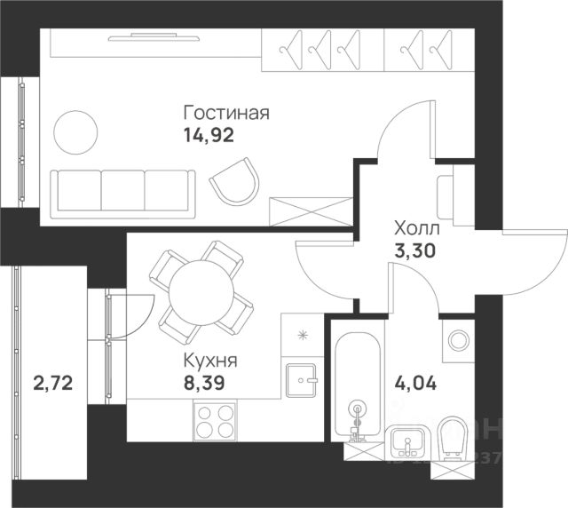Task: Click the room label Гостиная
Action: pyautogui.click(x=225, y=114)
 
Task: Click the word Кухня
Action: pyautogui.click(x=209, y=362)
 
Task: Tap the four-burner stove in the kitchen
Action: pyautogui.click(x=215, y=421)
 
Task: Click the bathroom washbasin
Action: pyautogui.click(x=409, y=442)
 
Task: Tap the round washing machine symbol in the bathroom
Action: pyautogui.click(x=459, y=340)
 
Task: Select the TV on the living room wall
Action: pyautogui.click(x=155, y=36)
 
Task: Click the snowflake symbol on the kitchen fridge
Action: pyautogui.click(x=304, y=335)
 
